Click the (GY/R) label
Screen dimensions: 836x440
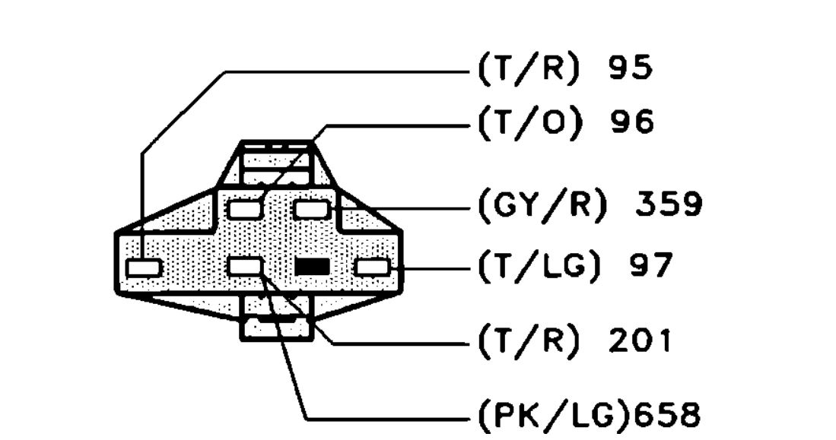541,204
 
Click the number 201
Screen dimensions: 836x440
639,341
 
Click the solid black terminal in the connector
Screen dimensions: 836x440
312,267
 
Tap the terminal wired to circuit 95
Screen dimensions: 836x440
144,267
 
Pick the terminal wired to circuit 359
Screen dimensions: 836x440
312,207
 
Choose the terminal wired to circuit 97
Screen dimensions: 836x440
372,267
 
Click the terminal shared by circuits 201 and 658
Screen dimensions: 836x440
246,267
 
